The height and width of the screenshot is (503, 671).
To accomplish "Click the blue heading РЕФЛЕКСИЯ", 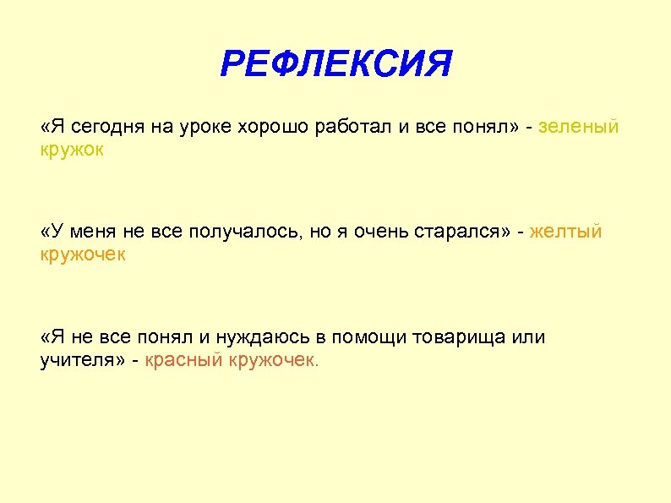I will click(x=335, y=64).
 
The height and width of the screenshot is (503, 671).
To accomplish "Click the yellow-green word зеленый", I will click(x=579, y=127).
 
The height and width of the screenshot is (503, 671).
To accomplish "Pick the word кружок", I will click(x=73, y=149).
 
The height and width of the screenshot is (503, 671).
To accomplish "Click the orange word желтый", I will click(x=566, y=232).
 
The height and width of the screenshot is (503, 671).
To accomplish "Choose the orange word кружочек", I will click(x=83, y=254).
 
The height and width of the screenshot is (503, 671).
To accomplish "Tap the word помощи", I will click(x=368, y=338).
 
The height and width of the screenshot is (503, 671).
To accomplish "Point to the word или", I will click(x=530, y=338).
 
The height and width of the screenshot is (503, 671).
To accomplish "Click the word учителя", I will click(x=78, y=360).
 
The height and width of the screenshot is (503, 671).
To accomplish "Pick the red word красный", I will click(x=183, y=360).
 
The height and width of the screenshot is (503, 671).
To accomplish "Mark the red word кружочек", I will click(x=274, y=360).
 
